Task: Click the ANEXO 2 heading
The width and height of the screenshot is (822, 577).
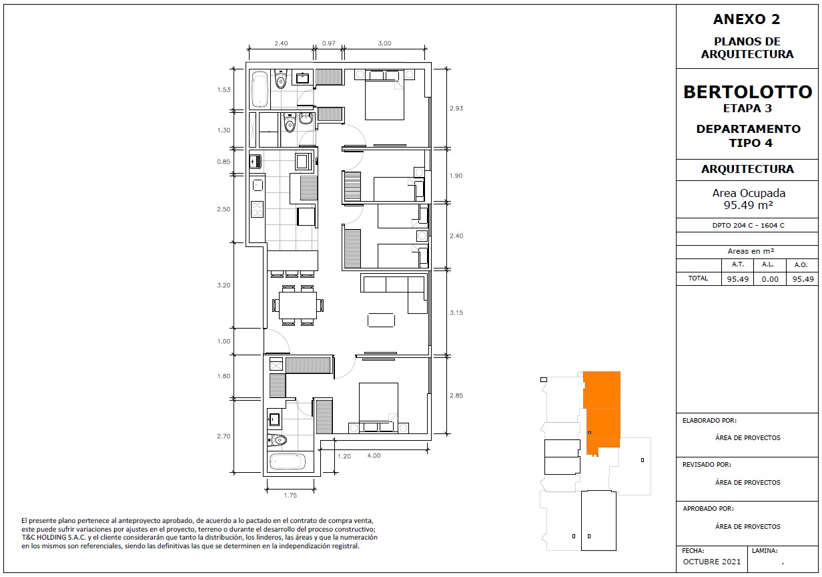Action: tap(747, 19)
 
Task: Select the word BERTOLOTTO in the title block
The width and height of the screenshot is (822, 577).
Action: tap(747, 91)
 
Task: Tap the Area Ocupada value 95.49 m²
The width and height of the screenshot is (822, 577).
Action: tap(748, 205)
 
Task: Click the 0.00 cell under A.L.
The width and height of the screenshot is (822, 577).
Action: tap(770, 279)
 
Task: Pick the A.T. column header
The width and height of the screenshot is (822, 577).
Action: tap(738, 264)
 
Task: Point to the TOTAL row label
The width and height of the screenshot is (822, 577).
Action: tap(698, 278)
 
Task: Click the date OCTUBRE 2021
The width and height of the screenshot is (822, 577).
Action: tap(711, 561)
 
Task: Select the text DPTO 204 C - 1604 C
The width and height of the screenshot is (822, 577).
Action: tap(748, 226)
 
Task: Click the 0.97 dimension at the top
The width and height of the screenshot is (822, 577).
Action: tap(329, 43)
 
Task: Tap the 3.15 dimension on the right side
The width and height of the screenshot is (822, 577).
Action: tap(456, 313)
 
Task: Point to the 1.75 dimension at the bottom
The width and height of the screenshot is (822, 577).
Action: tap(290, 495)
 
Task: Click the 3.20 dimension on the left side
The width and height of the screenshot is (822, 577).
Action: tap(224, 285)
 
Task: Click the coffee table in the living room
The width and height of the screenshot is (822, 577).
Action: tap(381, 320)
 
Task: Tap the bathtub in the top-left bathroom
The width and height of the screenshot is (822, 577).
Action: tap(260, 89)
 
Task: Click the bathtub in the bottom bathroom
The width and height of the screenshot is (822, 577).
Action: tap(288, 462)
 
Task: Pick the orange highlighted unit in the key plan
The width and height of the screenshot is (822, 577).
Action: tap(602, 411)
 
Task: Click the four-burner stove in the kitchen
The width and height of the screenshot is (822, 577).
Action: tap(258, 209)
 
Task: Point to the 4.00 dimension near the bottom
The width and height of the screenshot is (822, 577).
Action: tap(374, 455)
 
